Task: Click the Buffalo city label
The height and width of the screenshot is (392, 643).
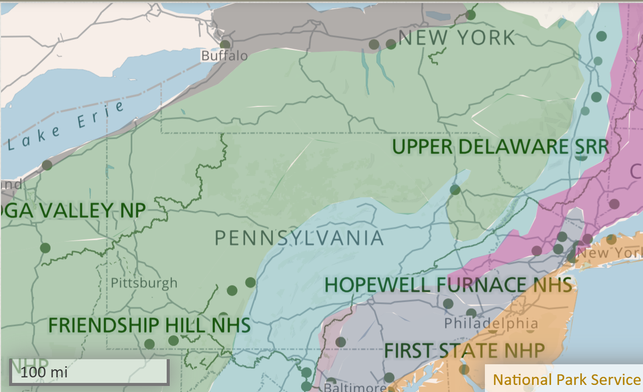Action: click(x=224, y=55)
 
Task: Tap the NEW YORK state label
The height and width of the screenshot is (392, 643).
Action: click(x=457, y=38)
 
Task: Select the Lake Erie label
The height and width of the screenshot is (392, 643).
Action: click(x=66, y=126)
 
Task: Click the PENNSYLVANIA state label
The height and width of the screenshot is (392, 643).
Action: click(x=299, y=238)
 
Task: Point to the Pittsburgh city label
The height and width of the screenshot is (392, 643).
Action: click(x=144, y=283)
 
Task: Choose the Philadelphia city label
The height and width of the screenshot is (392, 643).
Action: click(x=491, y=322)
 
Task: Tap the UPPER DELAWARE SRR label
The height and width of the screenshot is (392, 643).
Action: click(x=500, y=147)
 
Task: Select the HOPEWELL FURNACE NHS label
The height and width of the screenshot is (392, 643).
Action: click(x=448, y=285)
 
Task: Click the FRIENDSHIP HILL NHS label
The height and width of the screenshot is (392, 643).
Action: click(x=150, y=325)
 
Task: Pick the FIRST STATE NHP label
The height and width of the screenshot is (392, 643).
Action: click(x=464, y=350)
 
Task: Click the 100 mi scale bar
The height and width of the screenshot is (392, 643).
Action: click(x=89, y=372)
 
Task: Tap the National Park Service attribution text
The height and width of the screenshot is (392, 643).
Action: click(x=566, y=379)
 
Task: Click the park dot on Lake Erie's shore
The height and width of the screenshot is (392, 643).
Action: click(x=47, y=164)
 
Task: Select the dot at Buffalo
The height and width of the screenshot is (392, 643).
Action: click(x=225, y=44)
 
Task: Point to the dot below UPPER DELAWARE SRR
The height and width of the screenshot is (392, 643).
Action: click(x=455, y=190)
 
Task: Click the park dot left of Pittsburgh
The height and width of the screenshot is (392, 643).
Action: click(x=45, y=248)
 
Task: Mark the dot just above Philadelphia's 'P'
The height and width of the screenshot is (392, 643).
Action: click(x=448, y=304)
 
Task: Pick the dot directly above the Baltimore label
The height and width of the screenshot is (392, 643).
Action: click(x=331, y=382)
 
